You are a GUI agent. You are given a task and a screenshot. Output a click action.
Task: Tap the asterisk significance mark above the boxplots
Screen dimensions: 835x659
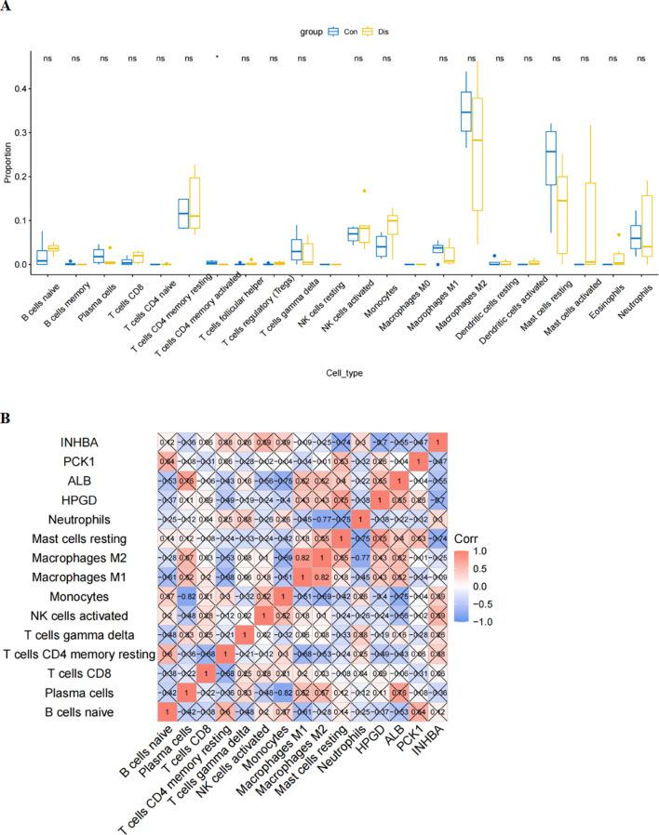point(216,60)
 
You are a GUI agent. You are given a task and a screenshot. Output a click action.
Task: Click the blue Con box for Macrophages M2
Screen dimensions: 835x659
point(465,112)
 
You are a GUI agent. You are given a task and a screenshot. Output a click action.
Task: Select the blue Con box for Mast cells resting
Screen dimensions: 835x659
point(550,153)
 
